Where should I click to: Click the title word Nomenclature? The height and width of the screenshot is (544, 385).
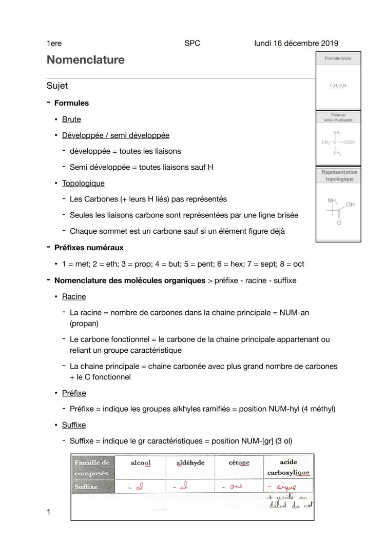click(x=85, y=60)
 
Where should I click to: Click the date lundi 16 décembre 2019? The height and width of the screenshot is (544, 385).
click(x=296, y=43)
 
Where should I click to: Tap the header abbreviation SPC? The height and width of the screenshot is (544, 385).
click(x=192, y=43)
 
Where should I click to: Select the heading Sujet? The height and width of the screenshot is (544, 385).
click(x=57, y=86)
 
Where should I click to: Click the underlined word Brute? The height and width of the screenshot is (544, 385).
click(x=71, y=119)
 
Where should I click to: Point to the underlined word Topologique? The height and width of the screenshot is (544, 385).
click(x=83, y=184)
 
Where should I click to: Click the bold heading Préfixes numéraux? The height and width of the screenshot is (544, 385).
click(x=89, y=248)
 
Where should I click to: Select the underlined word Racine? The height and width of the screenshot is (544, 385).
click(x=74, y=297)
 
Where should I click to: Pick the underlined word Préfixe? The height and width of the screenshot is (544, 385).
click(x=74, y=393)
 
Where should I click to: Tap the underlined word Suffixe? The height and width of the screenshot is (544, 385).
click(x=74, y=425)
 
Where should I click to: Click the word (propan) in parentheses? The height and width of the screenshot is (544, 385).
click(x=84, y=324)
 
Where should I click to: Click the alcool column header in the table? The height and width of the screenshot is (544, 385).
click(x=141, y=463)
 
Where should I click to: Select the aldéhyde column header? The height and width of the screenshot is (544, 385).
click(x=190, y=463)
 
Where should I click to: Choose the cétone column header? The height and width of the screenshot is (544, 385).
click(x=239, y=463)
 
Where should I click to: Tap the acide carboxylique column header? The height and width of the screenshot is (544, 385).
click(x=288, y=467)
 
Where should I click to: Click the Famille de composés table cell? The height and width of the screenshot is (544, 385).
click(x=92, y=468)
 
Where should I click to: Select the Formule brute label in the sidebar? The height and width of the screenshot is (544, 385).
click(x=338, y=58)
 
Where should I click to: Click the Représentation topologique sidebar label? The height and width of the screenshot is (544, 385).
click(x=339, y=176)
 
